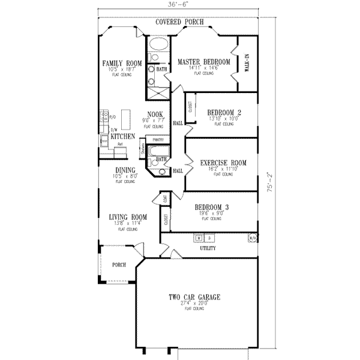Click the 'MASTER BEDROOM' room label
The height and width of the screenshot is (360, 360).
pos(204,62)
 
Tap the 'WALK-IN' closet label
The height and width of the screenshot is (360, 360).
pos(247,62)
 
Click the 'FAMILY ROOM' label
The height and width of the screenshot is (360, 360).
pos(121,63)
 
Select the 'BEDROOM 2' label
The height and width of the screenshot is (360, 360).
pos(224,112)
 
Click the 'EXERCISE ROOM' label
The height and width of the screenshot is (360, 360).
pos(223,162)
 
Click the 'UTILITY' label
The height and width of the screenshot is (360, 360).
pos(208,248)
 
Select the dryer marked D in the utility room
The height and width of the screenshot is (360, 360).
pos(209,238)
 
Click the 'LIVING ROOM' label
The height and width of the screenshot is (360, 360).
pos(128,217)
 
